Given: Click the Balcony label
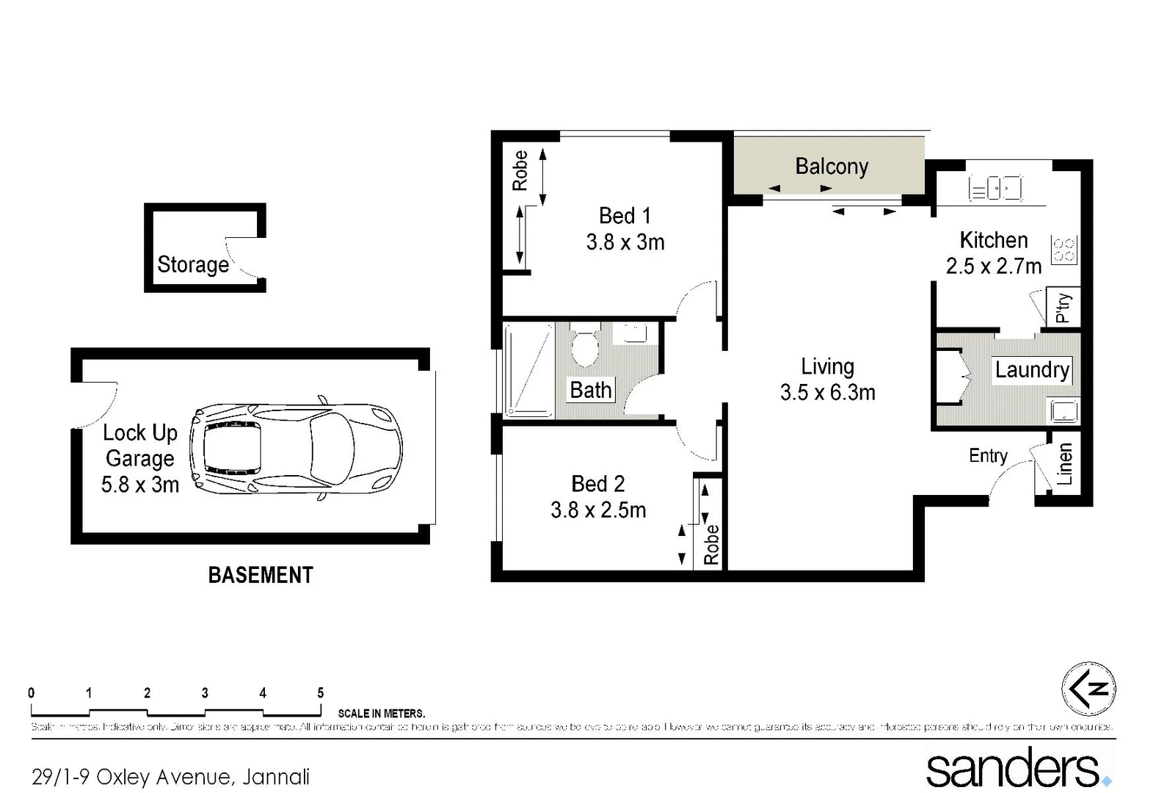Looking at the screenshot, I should click(831, 167).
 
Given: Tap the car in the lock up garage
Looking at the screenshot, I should click(296, 448).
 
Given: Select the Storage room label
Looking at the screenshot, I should click(193, 264).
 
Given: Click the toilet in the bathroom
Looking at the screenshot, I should click(584, 348).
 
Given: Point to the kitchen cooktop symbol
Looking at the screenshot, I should click(1064, 250).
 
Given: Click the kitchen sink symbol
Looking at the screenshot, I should click(995, 189).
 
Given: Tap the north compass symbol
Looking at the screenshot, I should click(1088, 689).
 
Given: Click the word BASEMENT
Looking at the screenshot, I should click(261, 575).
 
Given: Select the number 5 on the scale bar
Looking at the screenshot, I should click(320, 692).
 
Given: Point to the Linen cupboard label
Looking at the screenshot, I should click(1064, 464).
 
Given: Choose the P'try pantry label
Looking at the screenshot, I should click(1062, 308).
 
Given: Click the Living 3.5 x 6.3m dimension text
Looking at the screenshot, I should click(827, 393).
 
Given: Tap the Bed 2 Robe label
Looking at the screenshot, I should click(710, 544).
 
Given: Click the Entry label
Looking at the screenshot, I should click(987, 456).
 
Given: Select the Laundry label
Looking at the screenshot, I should click(1031, 369).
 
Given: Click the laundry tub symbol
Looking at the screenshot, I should click(1064, 410).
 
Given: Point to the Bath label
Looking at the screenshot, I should click(590, 390).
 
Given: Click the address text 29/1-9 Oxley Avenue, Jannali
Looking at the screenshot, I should click(170, 776).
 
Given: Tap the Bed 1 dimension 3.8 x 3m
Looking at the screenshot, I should click(625, 242).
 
